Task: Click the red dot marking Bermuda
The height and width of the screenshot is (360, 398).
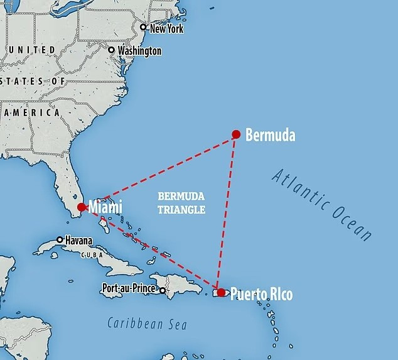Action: (x=236, y=134)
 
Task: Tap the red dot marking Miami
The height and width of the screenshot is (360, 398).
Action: (x=80, y=207)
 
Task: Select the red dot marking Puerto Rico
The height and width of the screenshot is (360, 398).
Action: (x=221, y=293)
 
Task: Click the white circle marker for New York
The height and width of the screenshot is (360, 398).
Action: (x=143, y=28)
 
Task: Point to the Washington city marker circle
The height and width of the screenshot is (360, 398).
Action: (x=112, y=50)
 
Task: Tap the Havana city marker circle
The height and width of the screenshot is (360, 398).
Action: (x=60, y=239)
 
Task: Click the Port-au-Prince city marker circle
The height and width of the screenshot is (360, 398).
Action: (x=163, y=290)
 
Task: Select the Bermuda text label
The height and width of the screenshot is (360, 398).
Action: (x=270, y=134)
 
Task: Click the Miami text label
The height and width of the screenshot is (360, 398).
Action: (x=105, y=207)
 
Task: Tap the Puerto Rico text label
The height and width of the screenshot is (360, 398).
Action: (x=261, y=293)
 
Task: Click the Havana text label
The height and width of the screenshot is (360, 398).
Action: (x=78, y=240)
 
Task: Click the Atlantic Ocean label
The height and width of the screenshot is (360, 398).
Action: (x=322, y=204)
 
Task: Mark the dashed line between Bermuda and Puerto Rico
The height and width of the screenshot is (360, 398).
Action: (x=227, y=214)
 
